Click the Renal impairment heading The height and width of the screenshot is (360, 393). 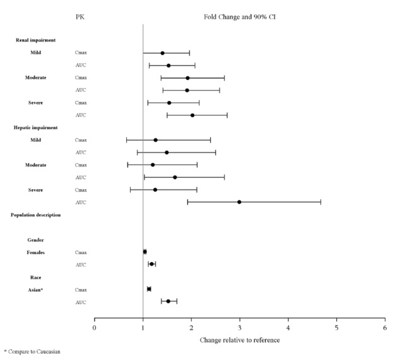(36, 40)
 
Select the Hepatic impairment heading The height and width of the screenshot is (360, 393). (37, 127)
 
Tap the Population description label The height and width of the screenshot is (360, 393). (36, 215)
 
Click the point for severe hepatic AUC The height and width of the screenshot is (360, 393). (239, 202)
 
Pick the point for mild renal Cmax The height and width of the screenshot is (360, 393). (162, 53)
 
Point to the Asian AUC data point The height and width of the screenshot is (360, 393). (168, 301)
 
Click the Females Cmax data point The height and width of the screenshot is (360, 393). (144, 252)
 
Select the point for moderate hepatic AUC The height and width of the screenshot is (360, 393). (175, 177)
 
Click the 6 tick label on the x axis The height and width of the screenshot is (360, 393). (385, 328)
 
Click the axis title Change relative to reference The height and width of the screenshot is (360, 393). (240, 340)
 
